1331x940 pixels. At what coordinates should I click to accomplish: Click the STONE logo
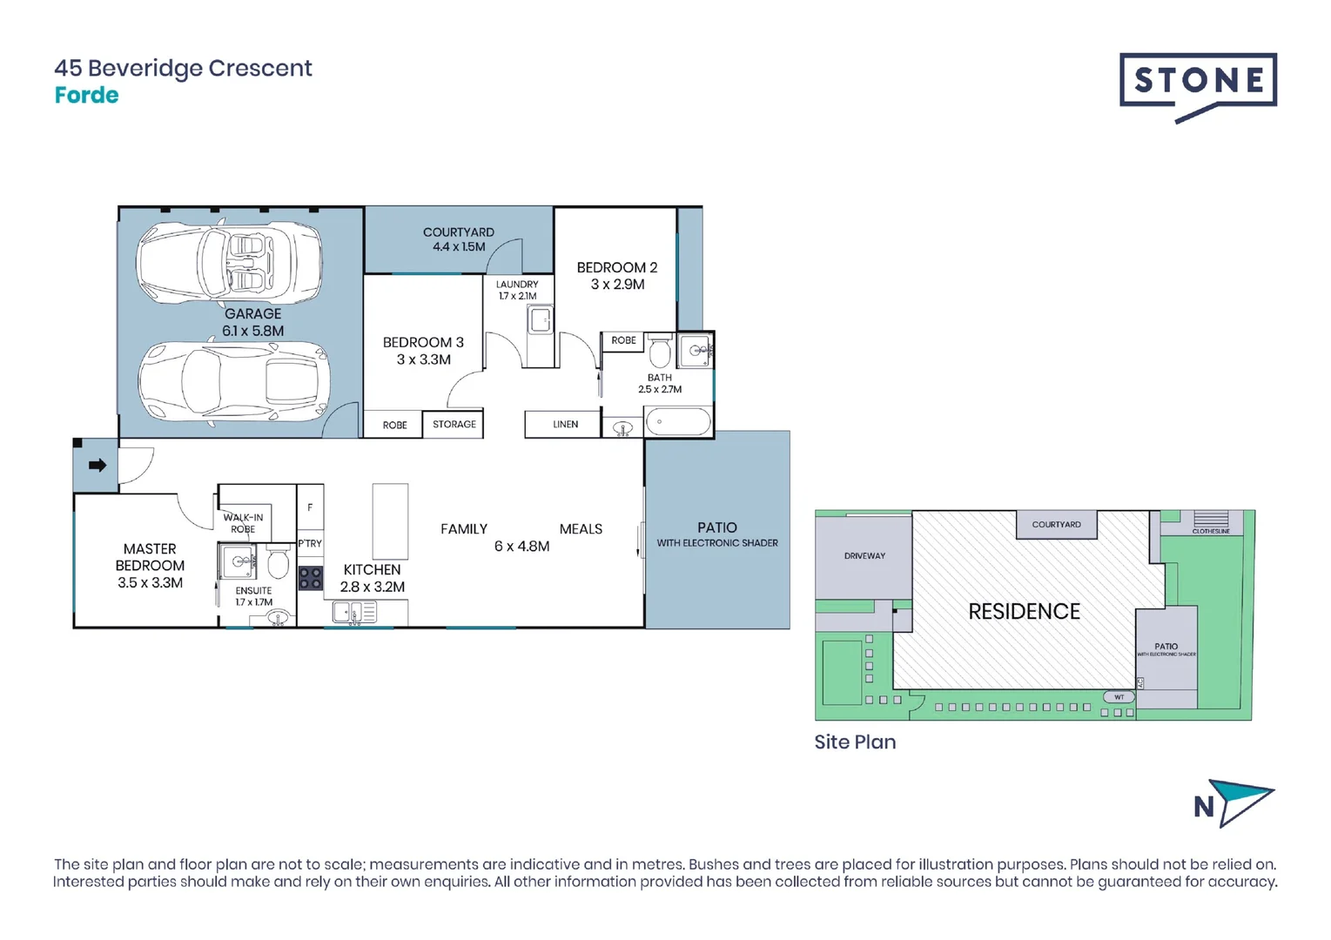click(1198, 85)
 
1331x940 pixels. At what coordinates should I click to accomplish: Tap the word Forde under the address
click(86, 96)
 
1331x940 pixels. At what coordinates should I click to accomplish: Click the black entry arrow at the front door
click(97, 466)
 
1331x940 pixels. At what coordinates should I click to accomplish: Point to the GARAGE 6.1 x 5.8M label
click(252, 322)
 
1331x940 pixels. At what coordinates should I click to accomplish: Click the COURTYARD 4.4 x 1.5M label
click(459, 239)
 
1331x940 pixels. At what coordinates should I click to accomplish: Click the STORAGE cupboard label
click(454, 425)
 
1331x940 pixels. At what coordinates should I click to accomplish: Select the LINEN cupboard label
click(565, 425)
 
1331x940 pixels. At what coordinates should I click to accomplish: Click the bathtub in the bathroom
click(678, 423)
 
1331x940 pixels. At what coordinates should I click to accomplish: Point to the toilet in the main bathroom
click(660, 352)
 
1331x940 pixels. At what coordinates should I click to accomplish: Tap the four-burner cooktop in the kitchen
click(311, 578)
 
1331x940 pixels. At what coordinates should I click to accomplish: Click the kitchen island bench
click(390, 521)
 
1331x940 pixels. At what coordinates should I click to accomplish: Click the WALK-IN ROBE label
click(243, 523)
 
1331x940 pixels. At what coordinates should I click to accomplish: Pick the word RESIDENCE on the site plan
click(1024, 612)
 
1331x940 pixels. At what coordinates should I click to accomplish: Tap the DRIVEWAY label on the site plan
click(864, 555)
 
